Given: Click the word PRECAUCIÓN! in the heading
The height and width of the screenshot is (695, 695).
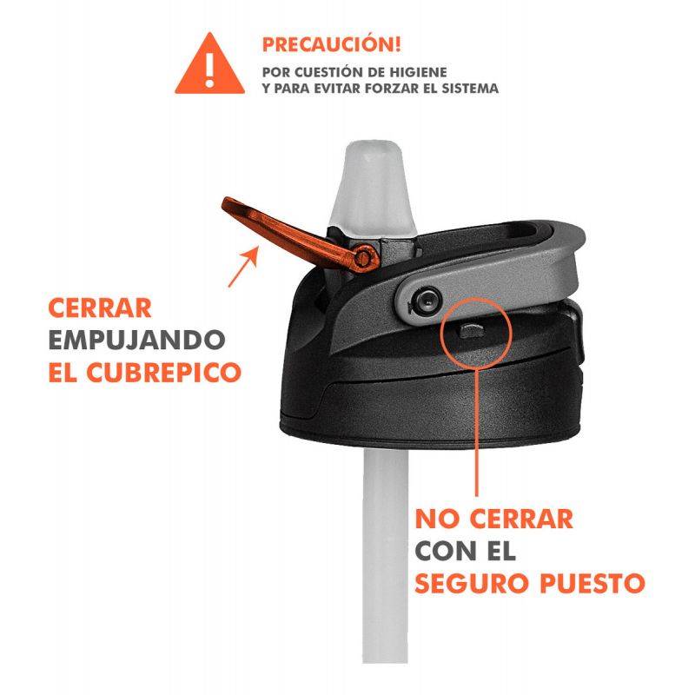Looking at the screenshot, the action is click(332, 44).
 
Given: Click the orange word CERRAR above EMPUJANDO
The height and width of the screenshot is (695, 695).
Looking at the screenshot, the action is click(100, 308).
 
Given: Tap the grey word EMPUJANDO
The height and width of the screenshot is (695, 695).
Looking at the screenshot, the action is click(137, 340).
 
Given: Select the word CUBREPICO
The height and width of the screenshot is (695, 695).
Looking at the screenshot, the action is click(163, 373).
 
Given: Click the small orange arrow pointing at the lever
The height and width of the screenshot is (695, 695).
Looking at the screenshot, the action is click(243, 267).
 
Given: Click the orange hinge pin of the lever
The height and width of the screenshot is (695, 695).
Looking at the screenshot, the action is click(363, 257).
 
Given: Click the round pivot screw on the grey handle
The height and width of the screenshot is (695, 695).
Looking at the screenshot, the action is click(427, 300).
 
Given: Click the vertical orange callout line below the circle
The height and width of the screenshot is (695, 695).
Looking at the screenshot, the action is click(476, 432).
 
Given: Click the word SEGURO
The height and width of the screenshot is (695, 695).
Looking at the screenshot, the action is click(473, 583).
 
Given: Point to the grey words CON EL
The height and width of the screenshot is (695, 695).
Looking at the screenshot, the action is click(466, 551).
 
